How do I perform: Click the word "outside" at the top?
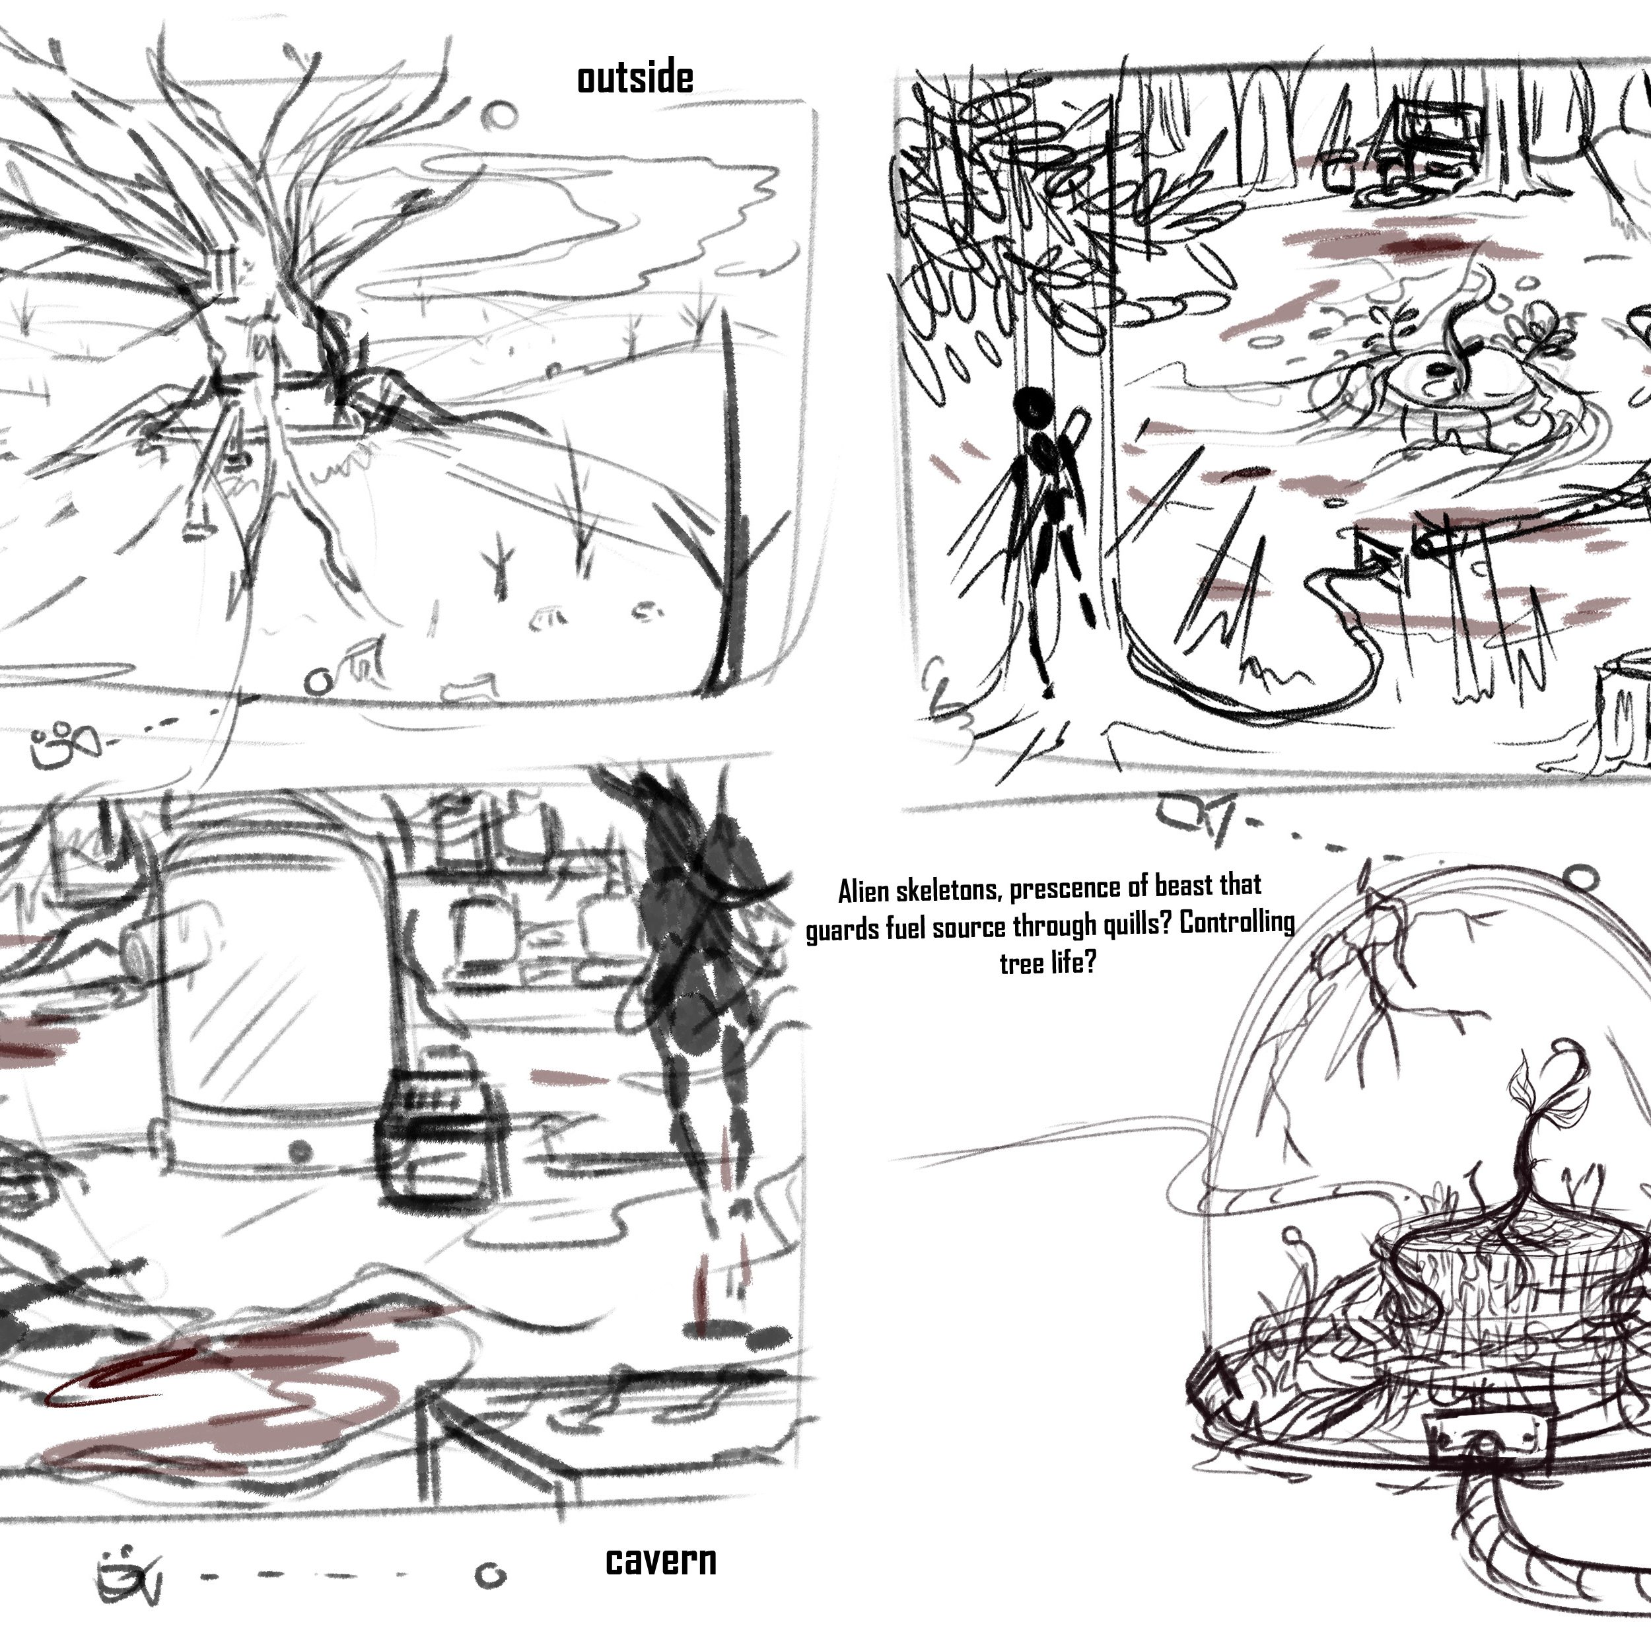[635, 79]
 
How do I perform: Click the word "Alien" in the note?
[864, 893]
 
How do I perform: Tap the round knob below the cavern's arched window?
[299, 1151]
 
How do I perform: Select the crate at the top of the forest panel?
[1429, 139]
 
